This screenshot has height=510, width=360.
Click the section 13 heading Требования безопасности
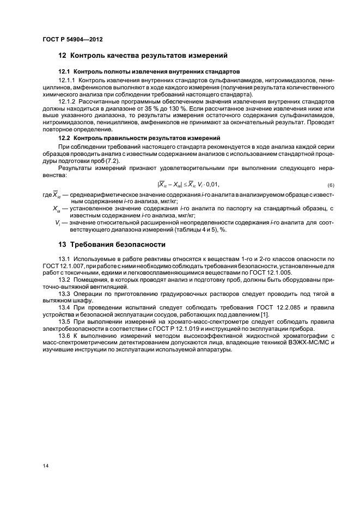(112, 243)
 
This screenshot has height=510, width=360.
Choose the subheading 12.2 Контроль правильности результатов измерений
(139, 138)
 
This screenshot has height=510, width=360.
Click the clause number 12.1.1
(68, 80)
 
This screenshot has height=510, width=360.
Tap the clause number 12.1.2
(68, 101)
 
